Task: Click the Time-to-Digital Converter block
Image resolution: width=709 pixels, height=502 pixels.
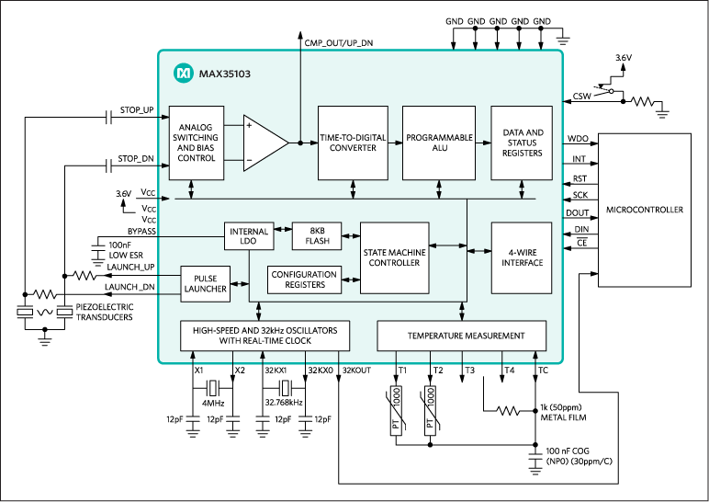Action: point(354,143)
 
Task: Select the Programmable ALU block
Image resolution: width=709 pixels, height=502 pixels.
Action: point(439,143)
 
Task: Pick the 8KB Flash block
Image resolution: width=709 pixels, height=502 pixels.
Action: point(316,236)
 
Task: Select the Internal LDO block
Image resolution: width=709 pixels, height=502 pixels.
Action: point(249,236)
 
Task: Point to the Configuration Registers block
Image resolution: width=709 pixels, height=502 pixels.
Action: point(303,279)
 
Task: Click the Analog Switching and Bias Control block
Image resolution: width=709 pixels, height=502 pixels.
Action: point(197,143)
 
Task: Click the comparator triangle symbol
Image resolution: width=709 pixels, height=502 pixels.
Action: point(264,143)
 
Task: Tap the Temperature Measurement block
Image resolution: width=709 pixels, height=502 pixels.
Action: point(462,336)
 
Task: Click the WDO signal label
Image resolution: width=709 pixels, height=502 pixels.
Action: point(578,138)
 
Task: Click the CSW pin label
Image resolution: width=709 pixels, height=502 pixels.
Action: point(581,96)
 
